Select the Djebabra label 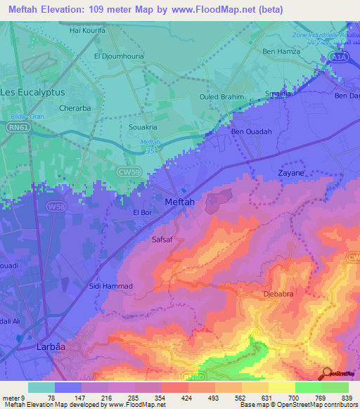coord(277,294)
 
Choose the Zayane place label coord(291,172)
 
